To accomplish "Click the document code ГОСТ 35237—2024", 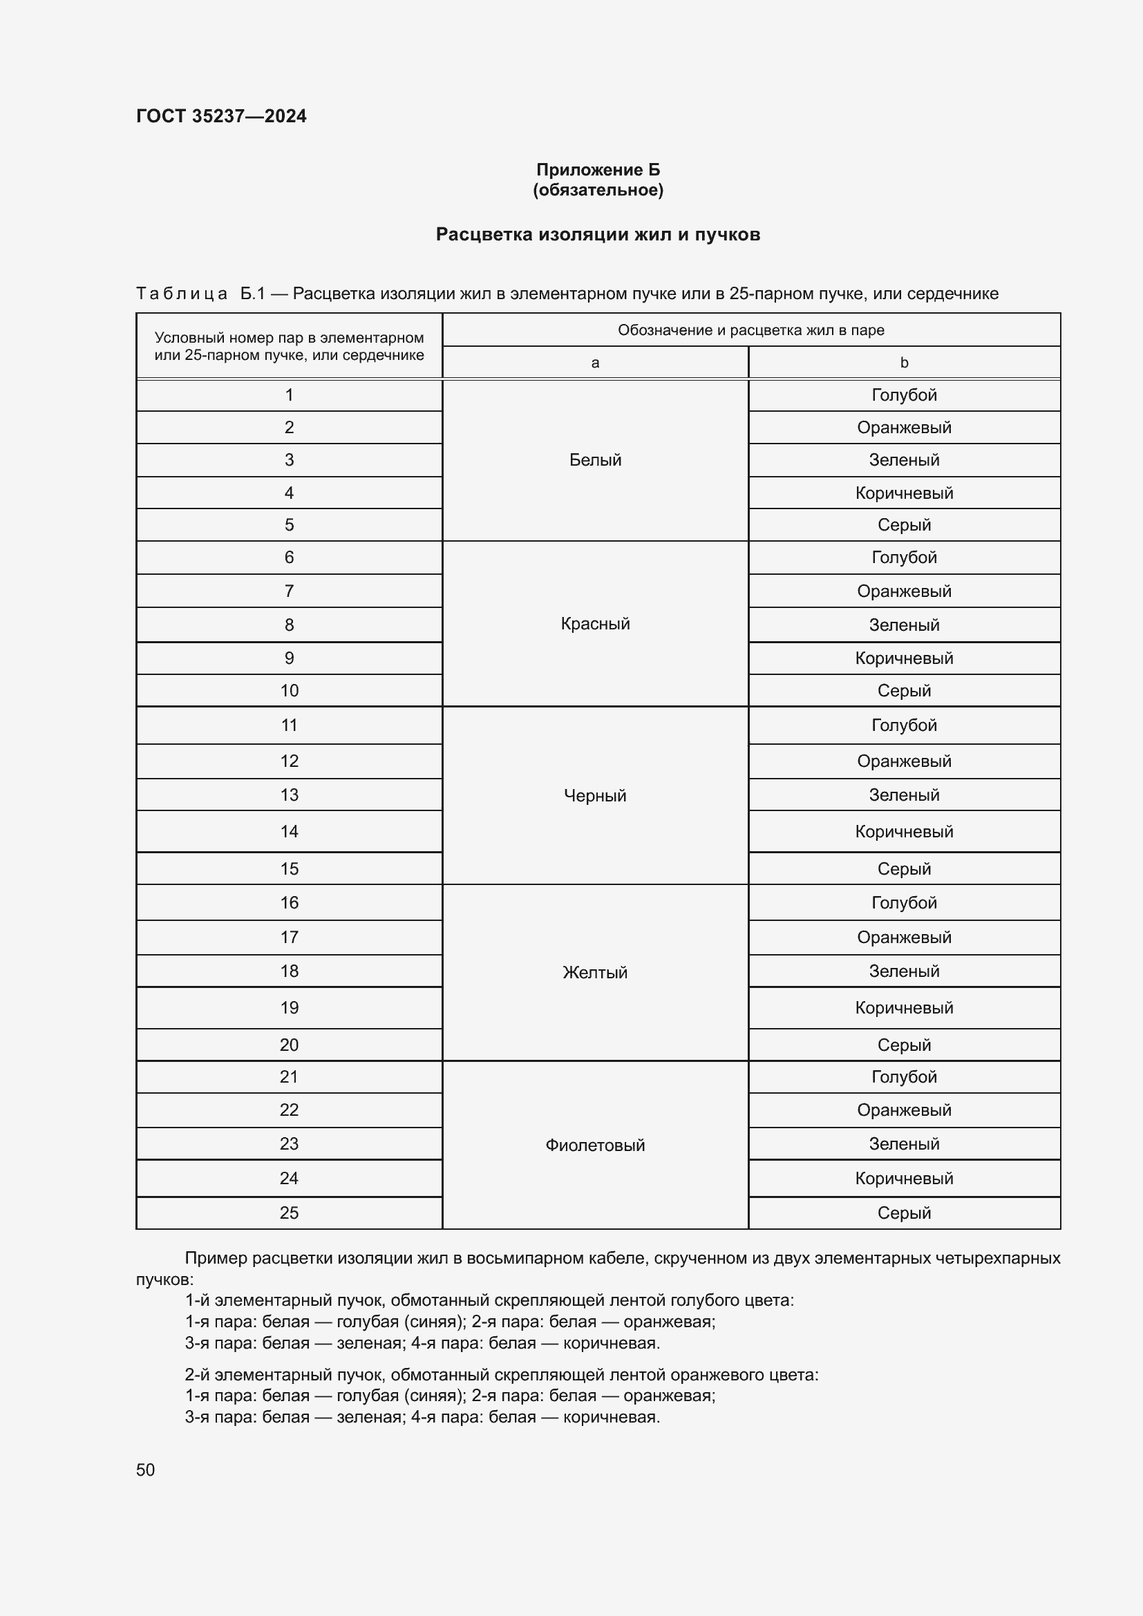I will [221, 116].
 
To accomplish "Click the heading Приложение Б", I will [598, 170].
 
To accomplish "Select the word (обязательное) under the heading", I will [598, 190].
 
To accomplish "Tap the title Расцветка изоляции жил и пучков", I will [598, 234].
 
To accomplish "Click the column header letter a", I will [595, 363].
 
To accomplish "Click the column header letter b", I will [904, 363].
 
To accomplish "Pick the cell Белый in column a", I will [595, 459].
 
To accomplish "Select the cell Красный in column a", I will [595, 624].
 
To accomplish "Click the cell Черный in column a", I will [595, 795].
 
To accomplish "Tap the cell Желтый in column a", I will [595, 972].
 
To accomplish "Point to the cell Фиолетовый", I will [595, 1145].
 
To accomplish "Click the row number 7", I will [289, 591].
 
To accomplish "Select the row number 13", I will [289, 795].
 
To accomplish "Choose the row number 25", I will [289, 1213].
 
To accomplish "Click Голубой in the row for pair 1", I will [904, 395].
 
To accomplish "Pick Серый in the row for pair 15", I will [904, 868].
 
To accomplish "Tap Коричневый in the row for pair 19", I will [904, 1007].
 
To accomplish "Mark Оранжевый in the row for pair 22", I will [904, 1110].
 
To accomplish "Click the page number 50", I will [145, 1470].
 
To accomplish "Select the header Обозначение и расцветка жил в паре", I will [750, 330].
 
